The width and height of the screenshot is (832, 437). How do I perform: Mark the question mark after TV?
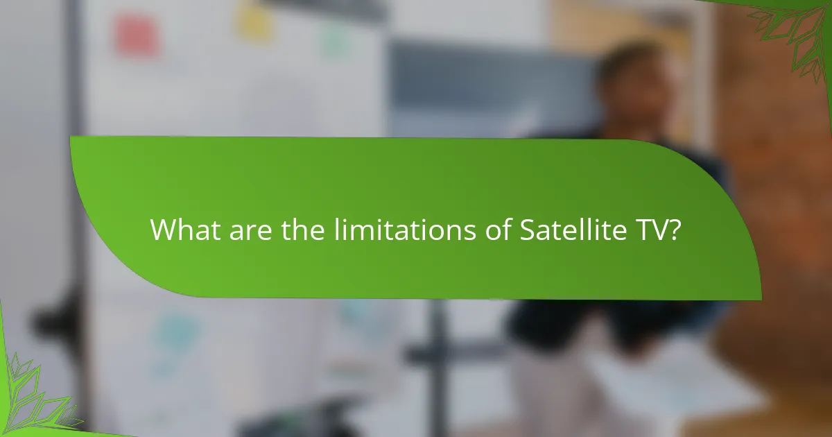[x=673, y=230]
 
